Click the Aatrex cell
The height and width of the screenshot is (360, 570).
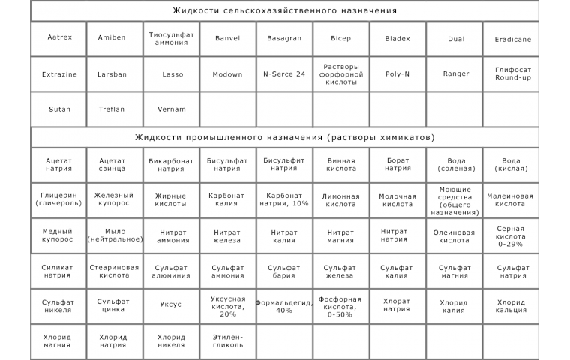(59, 38)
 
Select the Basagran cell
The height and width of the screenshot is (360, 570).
(284, 38)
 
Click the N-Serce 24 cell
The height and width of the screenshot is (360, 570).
(284, 73)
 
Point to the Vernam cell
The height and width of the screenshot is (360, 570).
(172, 109)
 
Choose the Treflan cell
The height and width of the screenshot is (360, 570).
(115, 109)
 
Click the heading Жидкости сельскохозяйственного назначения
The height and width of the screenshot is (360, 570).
(284, 11)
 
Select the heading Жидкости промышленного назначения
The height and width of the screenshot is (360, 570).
(284, 137)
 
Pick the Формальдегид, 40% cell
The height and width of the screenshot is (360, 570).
(284, 306)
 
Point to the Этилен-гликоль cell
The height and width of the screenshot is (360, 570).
(228, 340)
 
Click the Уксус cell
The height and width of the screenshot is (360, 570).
(172, 305)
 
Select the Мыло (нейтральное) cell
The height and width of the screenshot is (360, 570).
(115, 236)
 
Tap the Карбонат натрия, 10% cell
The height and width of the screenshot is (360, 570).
(284, 199)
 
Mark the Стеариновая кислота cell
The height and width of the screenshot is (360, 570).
(115, 271)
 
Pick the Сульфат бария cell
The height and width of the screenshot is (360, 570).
(284, 271)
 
